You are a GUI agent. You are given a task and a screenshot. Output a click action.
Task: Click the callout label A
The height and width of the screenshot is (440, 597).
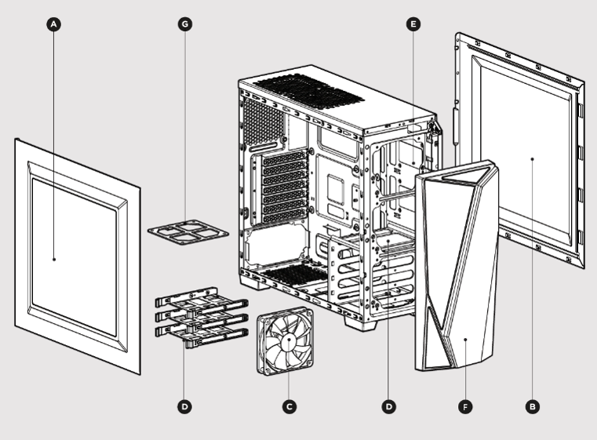[x=53, y=24]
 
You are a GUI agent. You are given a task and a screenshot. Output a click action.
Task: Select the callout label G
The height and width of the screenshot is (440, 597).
[x=185, y=24]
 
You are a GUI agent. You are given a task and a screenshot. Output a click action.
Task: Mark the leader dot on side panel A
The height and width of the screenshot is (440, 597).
[x=53, y=258]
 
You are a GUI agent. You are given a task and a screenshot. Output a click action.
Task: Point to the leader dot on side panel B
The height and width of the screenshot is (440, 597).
[x=533, y=158]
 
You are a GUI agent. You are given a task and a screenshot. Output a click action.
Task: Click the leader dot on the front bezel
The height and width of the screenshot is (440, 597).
[x=465, y=340]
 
